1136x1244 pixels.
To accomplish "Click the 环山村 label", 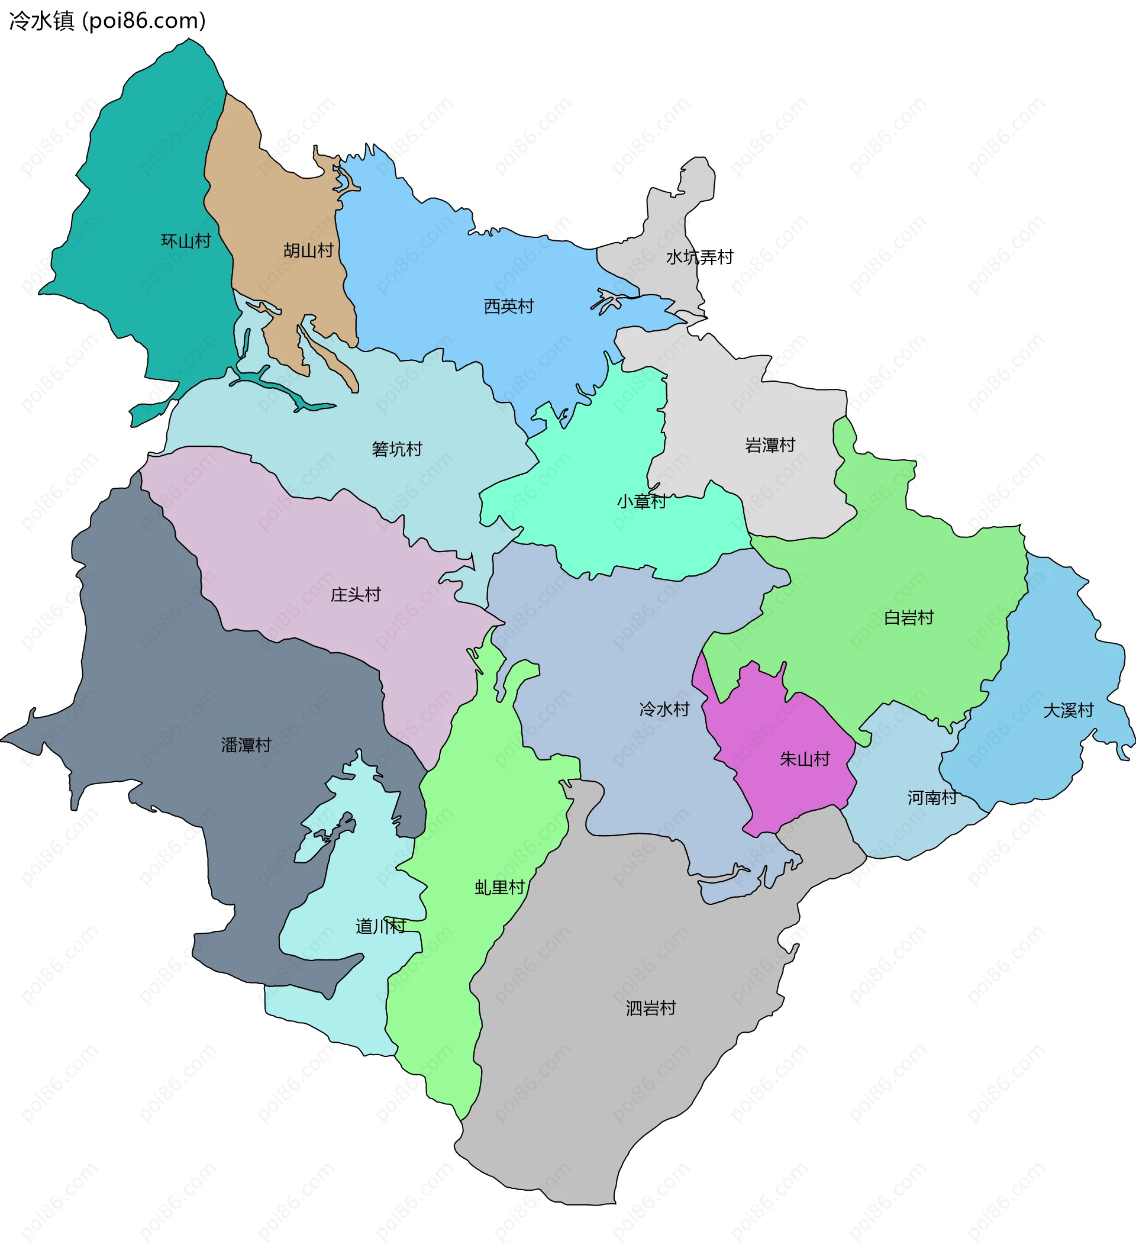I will tap(186, 241).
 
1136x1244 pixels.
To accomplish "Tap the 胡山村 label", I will tap(308, 250).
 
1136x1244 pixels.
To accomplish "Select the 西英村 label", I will tap(508, 306).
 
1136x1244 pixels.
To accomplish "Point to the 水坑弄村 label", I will tap(699, 257).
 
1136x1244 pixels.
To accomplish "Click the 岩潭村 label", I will tap(770, 445).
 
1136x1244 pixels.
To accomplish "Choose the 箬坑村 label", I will tap(397, 449).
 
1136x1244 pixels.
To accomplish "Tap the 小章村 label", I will tap(641, 501).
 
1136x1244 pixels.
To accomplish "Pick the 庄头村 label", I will tap(356, 594).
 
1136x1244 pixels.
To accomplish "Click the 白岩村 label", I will tap(908, 617).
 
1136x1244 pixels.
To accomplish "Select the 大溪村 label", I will tap(1068, 710).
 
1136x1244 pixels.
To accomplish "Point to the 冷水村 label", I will tap(664, 709).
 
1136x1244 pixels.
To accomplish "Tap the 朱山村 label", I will tap(805, 759).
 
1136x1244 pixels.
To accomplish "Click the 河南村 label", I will tap(932, 797).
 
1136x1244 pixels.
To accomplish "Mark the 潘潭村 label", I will tap(246, 745).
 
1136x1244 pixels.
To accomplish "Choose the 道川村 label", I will tap(380, 926).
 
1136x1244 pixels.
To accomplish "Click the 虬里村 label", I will tap(499, 887).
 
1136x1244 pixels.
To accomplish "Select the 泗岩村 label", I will tap(650, 1008).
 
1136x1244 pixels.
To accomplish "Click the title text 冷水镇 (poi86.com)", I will tap(107, 21).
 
